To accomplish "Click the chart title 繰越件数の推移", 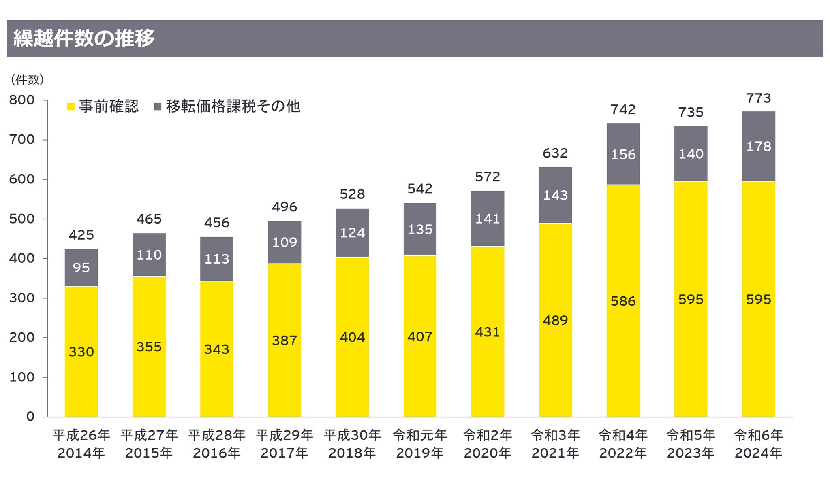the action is tap(84, 39).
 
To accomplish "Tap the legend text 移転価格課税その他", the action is tap(233, 106).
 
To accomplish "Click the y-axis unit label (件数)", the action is tap(27, 80).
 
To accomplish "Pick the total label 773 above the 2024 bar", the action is tap(758, 98).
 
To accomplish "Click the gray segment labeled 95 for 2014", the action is tap(81, 268).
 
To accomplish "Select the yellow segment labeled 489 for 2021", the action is tap(556, 320).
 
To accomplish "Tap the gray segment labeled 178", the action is tap(759, 146).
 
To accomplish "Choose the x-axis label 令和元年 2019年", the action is tap(420, 444).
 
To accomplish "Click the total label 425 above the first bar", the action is tap(81, 235).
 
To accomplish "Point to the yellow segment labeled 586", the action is tap(623, 301).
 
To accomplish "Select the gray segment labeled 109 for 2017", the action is tap(285, 242).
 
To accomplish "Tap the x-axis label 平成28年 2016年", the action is tap(217, 444).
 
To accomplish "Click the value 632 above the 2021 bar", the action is tap(555, 153).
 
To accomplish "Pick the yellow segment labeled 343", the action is tap(217, 349).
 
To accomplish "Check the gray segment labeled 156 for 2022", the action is tap(623, 154).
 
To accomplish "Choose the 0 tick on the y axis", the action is tap(30, 417).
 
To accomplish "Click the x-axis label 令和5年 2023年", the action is tap(691, 444).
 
